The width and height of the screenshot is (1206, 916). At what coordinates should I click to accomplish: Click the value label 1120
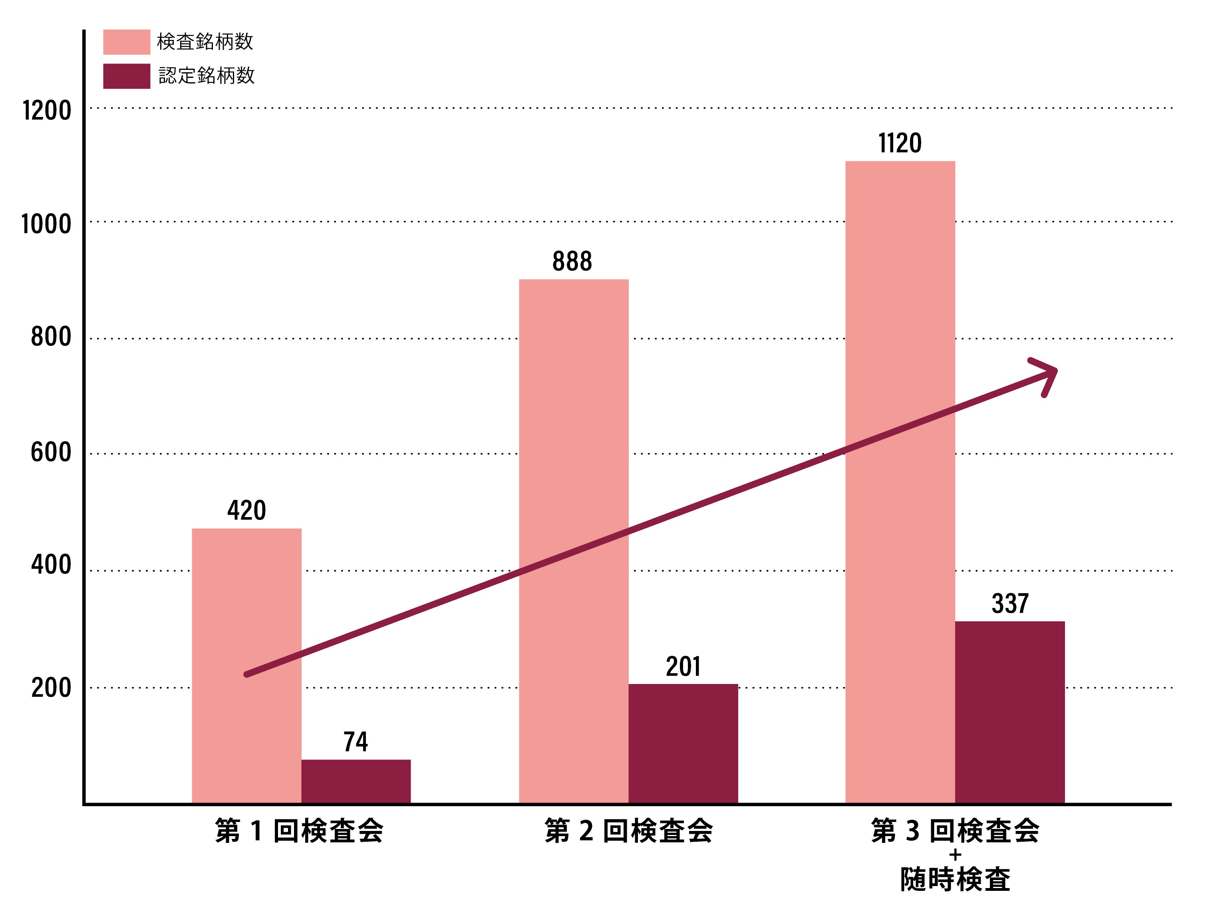point(900,143)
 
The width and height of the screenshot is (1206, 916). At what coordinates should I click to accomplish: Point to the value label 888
point(572,261)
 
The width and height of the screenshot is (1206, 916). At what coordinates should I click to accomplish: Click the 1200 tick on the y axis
point(47,111)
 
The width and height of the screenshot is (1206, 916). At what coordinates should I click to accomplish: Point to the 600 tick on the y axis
point(51,452)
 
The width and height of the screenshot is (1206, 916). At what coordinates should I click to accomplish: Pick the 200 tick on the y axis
point(51,688)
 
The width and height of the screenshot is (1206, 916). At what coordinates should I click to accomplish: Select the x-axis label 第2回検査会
point(628,831)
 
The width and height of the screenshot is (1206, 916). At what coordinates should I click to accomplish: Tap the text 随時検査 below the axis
point(955,880)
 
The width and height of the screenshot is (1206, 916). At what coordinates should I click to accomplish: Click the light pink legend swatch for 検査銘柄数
point(127,42)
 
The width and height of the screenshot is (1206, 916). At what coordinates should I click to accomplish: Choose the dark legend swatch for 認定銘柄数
point(127,76)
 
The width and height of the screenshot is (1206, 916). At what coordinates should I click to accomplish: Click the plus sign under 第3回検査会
point(955,855)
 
